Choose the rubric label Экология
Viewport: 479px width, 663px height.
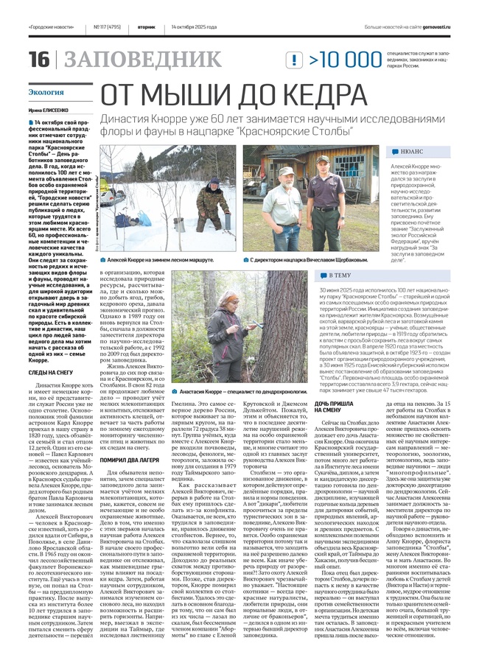point(46,93)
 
